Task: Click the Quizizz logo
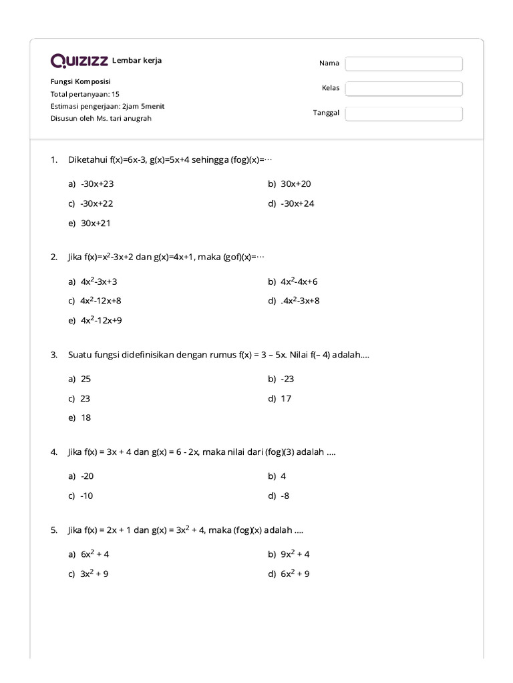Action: click(79, 61)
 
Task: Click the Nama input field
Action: click(403, 63)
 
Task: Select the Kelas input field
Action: click(403, 89)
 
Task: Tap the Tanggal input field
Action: click(403, 113)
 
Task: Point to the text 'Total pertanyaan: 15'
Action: click(85, 94)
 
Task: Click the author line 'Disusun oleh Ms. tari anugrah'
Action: click(101, 118)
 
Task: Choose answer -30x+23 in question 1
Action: click(92, 184)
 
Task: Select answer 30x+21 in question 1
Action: click(96, 223)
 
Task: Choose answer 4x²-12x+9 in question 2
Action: click(101, 320)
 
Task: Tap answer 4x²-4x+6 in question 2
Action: click(299, 282)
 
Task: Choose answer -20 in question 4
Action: click(87, 476)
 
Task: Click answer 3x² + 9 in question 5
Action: click(94, 574)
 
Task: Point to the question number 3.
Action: click(53, 355)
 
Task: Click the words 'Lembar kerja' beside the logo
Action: click(137, 61)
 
